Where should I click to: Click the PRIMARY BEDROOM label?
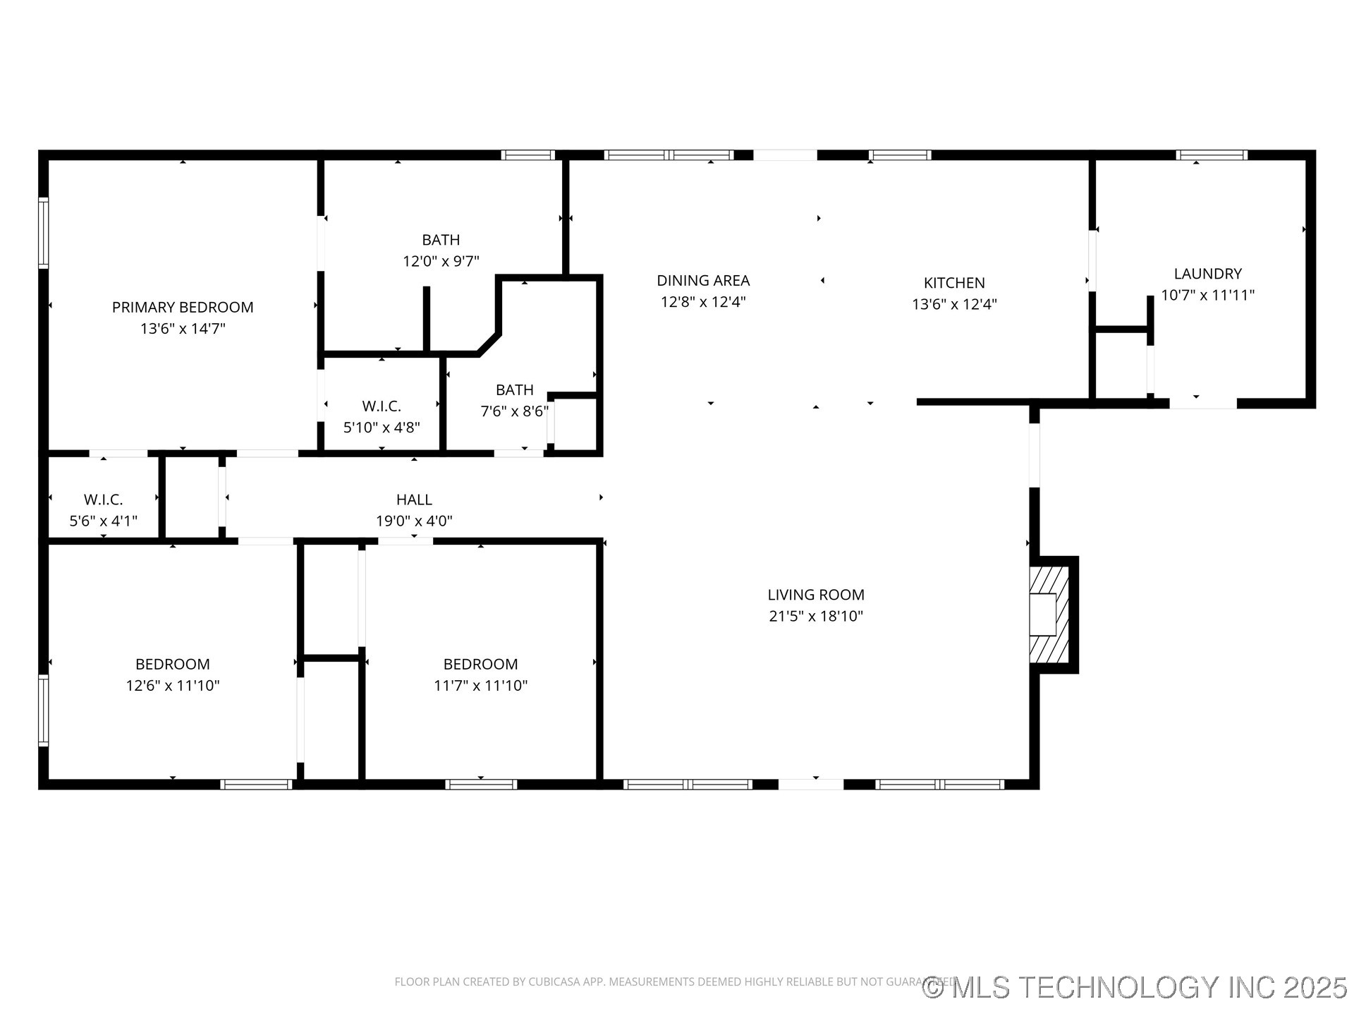tap(183, 307)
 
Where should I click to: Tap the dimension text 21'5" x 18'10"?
tap(816, 616)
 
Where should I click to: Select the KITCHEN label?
tap(954, 283)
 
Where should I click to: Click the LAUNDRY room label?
tap(1207, 274)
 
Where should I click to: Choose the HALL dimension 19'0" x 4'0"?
tap(414, 521)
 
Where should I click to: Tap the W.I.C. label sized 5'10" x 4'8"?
tap(382, 406)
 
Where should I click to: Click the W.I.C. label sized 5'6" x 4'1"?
tap(104, 500)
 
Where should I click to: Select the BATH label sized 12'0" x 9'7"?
tap(441, 240)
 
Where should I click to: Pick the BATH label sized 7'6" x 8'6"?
tap(514, 390)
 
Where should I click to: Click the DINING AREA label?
tap(703, 281)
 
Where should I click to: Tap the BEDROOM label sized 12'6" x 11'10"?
tap(173, 664)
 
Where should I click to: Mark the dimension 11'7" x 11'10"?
tap(480, 686)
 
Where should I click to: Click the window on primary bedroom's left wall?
tap(44, 233)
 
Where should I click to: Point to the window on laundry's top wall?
tap(1212, 155)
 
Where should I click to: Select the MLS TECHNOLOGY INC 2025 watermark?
tap(1135, 987)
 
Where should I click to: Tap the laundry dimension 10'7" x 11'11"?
tap(1207, 296)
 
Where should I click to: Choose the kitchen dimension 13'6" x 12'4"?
tap(954, 304)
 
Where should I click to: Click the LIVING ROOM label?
tap(816, 595)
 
